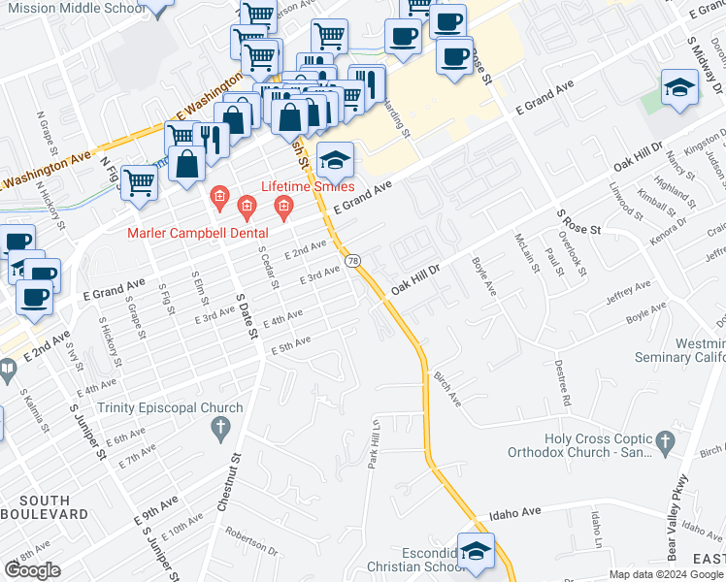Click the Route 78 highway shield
pyautogui.click(x=354, y=261)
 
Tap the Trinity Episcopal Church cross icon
pyautogui.click(x=221, y=427)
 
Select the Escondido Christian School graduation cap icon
pyautogui.click(x=476, y=552)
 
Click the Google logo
pyautogui.click(x=32, y=570)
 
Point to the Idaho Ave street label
pyautogui.click(x=514, y=512)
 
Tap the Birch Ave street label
pyautogui.click(x=447, y=388)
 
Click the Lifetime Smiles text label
pyautogui.click(x=306, y=186)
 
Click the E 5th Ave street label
pyautogui.click(x=290, y=344)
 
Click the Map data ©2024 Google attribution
pyautogui.click(x=667, y=574)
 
